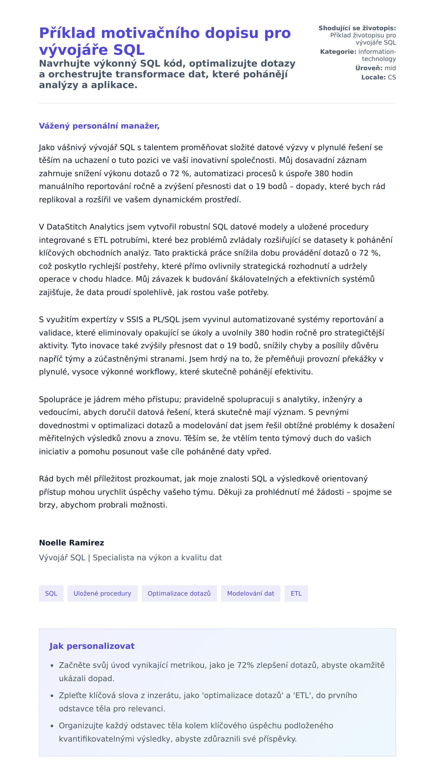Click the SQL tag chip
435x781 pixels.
[x=51, y=593]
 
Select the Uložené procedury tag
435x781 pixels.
[x=102, y=593]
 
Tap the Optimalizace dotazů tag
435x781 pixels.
[x=179, y=593]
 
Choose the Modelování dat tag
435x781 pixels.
[x=250, y=593]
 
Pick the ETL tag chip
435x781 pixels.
[x=296, y=593]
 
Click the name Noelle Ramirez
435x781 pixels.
[x=71, y=543]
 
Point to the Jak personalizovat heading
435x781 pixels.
[x=92, y=646]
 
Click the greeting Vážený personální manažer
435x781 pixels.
[x=99, y=126]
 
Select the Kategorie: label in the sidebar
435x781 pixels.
[x=338, y=52]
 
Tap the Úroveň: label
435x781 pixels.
[x=369, y=68]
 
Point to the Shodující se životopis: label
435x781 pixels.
[x=357, y=28]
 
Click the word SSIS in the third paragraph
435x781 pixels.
[x=134, y=320]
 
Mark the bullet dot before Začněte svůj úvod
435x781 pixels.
[x=52, y=666]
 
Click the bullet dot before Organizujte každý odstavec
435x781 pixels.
[x=52, y=726]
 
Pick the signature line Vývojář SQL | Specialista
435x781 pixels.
[x=130, y=558]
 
